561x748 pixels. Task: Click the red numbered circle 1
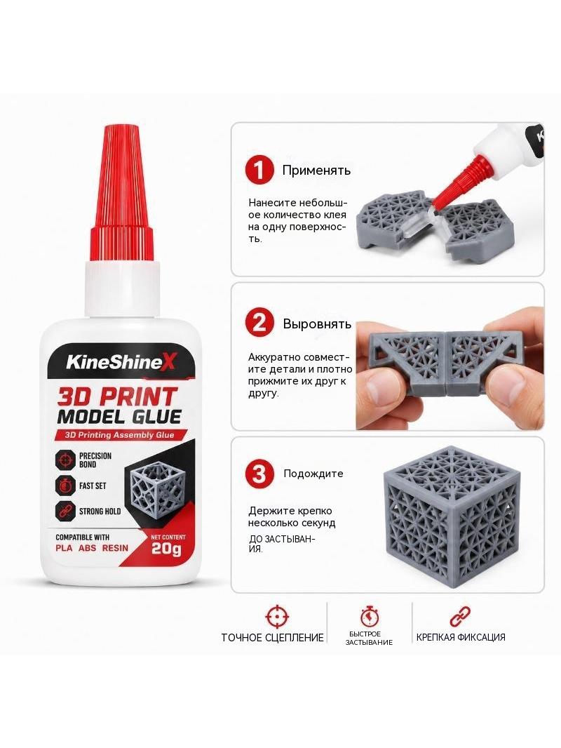click(259, 171)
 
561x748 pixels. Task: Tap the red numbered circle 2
click(259, 323)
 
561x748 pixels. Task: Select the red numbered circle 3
click(259, 474)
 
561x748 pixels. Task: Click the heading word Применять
click(316, 171)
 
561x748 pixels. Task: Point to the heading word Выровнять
click(317, 324)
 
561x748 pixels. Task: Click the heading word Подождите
click(313, 474)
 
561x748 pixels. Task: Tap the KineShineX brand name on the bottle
click(121, 362)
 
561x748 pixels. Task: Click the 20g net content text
click(166, 549)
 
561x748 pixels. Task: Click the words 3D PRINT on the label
click(117, 396)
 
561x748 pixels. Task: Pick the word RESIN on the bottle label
click(115, 547)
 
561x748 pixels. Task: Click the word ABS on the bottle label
click(87, 547)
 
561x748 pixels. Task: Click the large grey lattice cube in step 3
click(452, 514)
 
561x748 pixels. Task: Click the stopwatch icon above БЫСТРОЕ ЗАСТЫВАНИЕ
click(370, 616)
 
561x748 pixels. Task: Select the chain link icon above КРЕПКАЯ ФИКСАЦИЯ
click(461, 616)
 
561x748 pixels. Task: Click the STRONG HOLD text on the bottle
click(100, 512)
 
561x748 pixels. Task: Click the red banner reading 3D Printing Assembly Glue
click(115, 435)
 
